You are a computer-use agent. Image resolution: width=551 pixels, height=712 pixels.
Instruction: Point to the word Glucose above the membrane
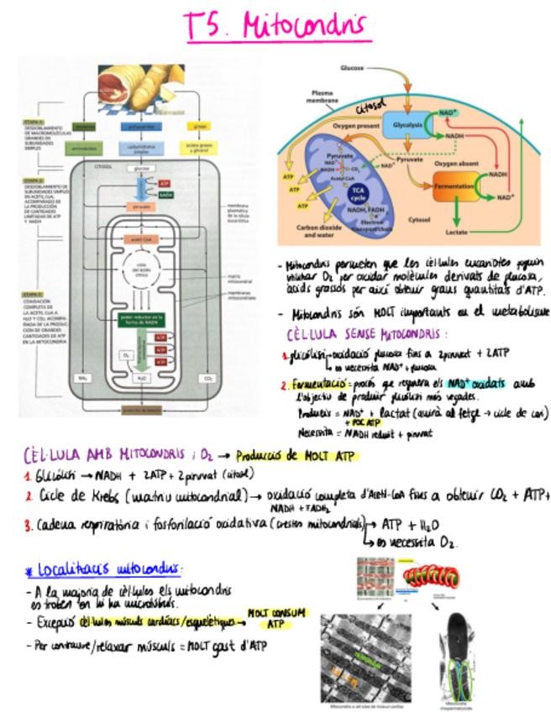352,67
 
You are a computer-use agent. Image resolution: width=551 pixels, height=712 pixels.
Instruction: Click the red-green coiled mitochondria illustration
434,575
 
